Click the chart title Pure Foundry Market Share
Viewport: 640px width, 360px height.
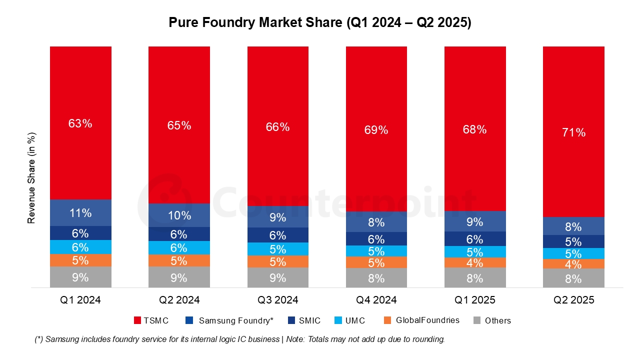pos(319,22)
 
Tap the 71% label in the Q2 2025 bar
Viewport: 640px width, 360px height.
pos(573,132)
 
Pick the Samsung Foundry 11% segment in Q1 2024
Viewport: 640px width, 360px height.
pos(80,213)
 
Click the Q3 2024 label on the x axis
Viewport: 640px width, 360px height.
pos(277,300)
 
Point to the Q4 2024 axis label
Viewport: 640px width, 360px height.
pos(376,300)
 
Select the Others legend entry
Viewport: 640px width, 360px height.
pos(492,320)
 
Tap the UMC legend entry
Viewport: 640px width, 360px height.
pos(349,320)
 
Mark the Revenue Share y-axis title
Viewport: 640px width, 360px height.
pos(31,177)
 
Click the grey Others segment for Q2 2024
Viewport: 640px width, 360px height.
pos(179,277)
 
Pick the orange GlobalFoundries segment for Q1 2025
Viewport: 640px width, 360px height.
pos(475,262)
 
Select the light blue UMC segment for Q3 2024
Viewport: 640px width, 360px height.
pos(277,249)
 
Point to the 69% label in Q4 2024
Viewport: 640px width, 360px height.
pos(376,130)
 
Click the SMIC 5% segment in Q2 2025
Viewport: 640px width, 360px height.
pos(573,241)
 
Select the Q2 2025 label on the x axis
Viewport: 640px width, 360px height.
pos(573,300)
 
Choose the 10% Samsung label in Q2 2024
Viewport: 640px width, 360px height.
pos(179,215)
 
